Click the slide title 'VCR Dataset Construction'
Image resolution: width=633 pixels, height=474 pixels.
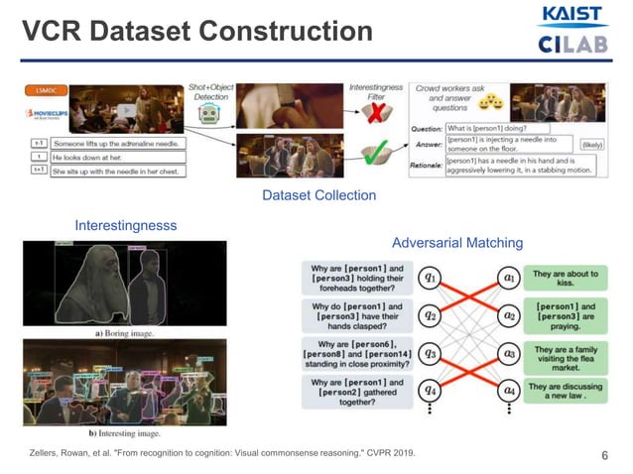(197, 32)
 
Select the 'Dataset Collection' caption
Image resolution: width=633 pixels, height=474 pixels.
(318, 195)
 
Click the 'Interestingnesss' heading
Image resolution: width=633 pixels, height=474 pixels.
(126, 226)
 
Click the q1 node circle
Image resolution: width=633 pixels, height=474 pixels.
(431, 279)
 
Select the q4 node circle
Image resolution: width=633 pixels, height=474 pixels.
(431, 391)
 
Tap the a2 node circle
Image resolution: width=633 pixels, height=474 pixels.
(509, 316)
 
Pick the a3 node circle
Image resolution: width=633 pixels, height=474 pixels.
(509, 354)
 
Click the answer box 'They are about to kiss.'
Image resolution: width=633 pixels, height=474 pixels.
(567, 279)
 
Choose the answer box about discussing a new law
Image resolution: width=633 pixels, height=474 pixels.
(567, 391)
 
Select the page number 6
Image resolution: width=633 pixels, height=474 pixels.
(604, 455)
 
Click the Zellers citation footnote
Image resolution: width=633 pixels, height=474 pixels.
(222, 454)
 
